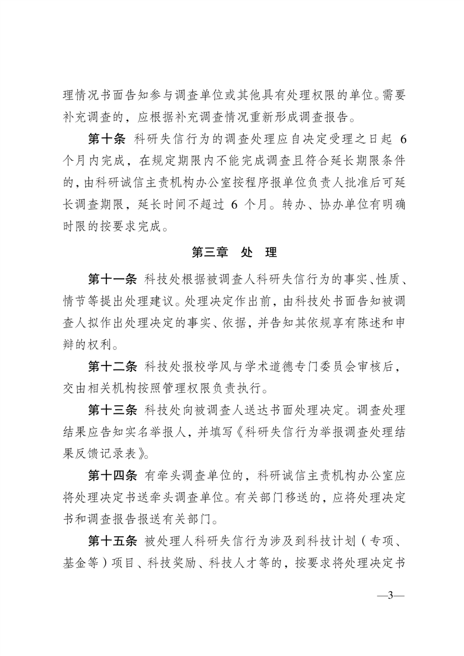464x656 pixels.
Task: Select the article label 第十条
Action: pyautogui.click(x=108, y=139)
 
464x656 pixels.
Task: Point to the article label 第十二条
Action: pyautogui.click(x=113, y=366)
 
